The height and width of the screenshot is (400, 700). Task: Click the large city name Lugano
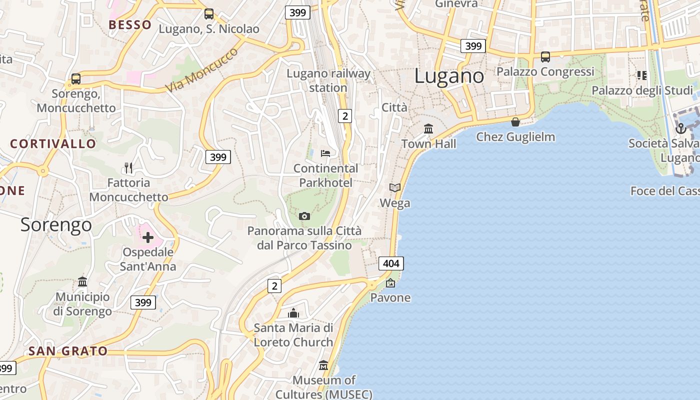(449, 76)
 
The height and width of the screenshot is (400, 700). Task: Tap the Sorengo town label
(56, 225)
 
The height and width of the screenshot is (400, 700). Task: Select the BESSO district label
(130, 25)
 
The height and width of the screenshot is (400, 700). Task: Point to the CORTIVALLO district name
(53, 144)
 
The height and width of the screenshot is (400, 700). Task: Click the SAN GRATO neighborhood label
(68, 351)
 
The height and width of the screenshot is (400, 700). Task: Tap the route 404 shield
(391, 263)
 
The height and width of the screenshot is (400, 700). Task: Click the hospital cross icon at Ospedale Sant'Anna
(148, 237)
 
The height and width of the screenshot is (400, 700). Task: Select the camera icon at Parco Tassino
(304, 216)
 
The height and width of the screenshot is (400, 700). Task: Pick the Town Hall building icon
(428, 129)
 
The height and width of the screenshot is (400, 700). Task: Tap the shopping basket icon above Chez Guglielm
(515, 122)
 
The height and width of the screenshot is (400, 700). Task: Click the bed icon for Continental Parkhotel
(325, 153)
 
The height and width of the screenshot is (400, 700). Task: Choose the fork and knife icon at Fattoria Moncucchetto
(128, 167)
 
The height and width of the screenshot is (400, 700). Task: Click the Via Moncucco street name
(202, 70)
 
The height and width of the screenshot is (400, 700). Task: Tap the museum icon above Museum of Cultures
(323, 365)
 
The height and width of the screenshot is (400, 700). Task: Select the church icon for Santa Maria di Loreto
(293, 313)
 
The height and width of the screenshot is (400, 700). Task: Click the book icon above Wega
(395, 188)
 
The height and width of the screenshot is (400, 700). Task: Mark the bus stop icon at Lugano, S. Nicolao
(209, 14)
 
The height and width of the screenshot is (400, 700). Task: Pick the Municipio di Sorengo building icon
(82, 282)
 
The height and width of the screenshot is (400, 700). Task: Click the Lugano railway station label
(328, 80)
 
